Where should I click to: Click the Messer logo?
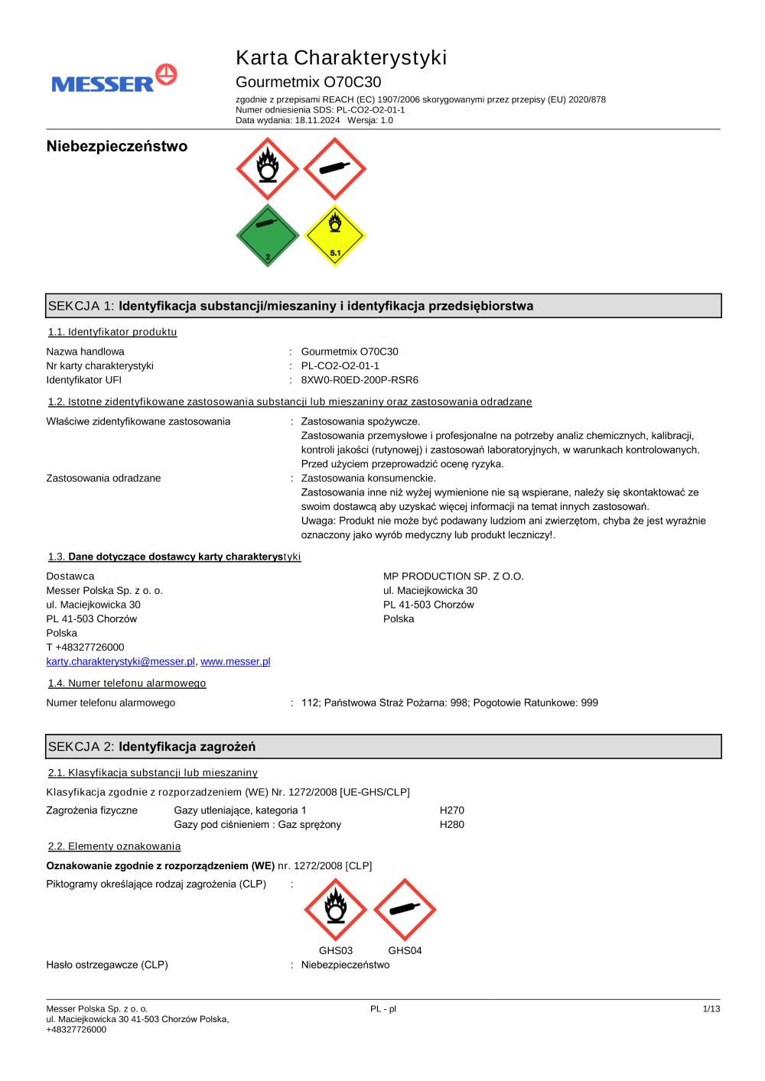pyautogui.click(x=114, y=80)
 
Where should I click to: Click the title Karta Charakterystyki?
pyautogui.click(x=340, y=58)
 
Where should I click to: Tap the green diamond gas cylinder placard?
pyautogui.click(x=267, y=235)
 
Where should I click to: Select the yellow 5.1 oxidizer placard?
pyautogui.click(x=335, y=235)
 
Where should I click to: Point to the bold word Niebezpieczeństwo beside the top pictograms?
pyautogui.click(x=116, y=147)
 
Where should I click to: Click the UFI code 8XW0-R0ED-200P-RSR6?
pyautogui.click(x=360, y=380)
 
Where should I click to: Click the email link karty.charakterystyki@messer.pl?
pyautogui.click(x=121, y=662)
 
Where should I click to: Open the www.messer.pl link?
pyautogui.click(x=236, y=662)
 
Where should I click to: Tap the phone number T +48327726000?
pyautogui.click(x=85, y=648)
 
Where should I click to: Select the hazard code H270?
pyautogui.click(x=451, y=810)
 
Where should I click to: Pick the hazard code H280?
pyautogui.click(x=451, y=825)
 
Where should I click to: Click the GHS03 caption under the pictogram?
pyautogui.click(x=336, y=951)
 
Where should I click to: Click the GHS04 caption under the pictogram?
pyautogui.click(x=405, y=951)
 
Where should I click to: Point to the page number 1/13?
pyautogui.click(x=711, y=1009)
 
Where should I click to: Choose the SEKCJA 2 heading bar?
pyautogui.click(x=383, y=747)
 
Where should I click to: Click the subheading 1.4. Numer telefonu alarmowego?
pyautogui.click(x=127, y=683)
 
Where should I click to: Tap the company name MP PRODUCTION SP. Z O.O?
pyautogui.click(x=453, y=576)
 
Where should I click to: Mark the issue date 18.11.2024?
pyautogui.click(x=317, y=121)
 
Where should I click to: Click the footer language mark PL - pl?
pyautogui.click(x=383, y=1009)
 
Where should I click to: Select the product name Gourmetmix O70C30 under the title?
pyautogui.click(x=308, y=83)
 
